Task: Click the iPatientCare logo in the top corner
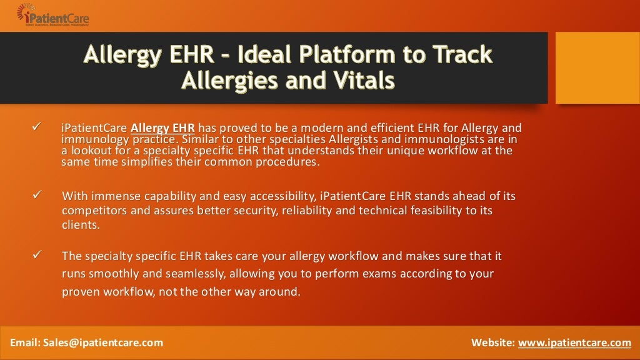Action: coord(52,15)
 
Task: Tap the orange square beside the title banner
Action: coord(597,67)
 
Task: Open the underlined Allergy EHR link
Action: coord(162,128)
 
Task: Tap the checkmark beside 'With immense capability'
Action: coord(36,196)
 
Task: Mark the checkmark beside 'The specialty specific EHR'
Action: coord(36,256)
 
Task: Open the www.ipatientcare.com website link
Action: coord(574,342)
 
